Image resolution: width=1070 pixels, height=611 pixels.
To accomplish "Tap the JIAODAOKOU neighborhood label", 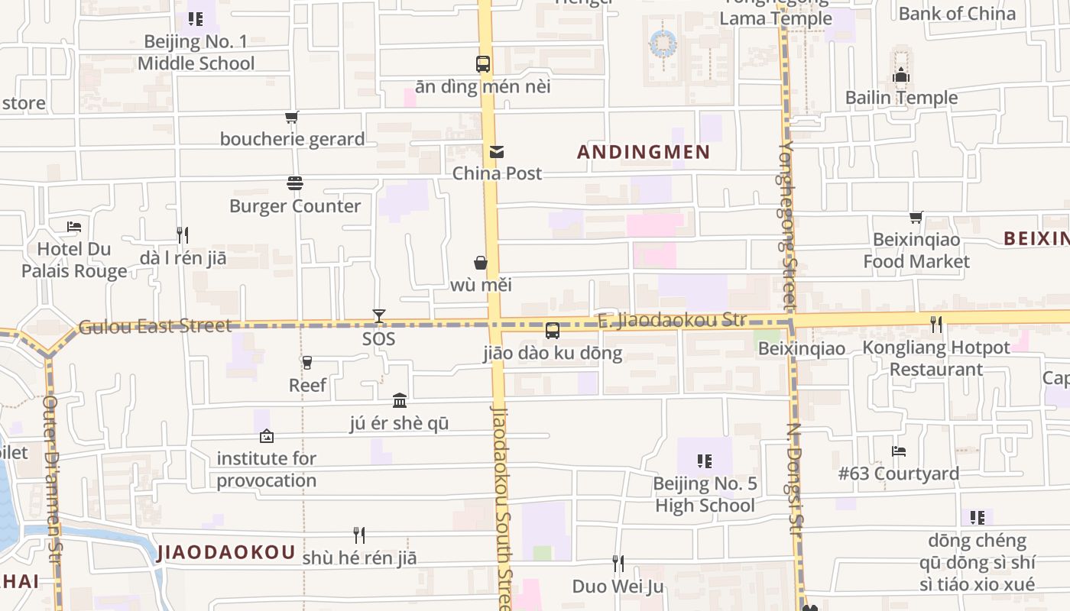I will click(x=226, y=553).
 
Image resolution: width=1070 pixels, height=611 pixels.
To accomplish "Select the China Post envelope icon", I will click(x=497, y=152).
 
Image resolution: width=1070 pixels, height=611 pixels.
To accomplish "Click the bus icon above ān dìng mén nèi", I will click(x=483, y=64).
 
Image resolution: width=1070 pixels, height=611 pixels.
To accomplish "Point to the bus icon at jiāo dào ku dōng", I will click(x=552, y=331).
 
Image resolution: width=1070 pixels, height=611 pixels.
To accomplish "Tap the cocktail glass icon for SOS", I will click(x=378, y=316).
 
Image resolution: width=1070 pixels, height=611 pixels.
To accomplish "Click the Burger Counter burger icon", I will click(x=295, y=183).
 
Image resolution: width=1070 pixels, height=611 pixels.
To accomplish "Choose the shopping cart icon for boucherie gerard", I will click(x=291, y=117).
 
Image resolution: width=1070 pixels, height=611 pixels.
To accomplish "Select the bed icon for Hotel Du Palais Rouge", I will click(x=74, y=227).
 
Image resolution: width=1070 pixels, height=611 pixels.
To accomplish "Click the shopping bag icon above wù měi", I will click(x=481, y=263).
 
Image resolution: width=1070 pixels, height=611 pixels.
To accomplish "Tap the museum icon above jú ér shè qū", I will click(x=399, y=400).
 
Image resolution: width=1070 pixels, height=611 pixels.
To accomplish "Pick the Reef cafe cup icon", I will click(x=307, y=363).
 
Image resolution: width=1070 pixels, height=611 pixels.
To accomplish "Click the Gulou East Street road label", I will click(x=154, y=326).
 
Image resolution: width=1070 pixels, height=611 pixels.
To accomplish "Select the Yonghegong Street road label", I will click(x=788, y=225).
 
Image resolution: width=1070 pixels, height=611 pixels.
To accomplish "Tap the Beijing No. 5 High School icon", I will click(x=705, y=461).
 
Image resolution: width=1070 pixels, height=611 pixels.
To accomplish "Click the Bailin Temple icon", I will click(x=901, y=76).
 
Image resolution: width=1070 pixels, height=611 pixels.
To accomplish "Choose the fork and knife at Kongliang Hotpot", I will click(x=936, y=325).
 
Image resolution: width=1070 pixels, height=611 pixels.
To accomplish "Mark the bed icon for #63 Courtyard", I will click(x=899, y=451).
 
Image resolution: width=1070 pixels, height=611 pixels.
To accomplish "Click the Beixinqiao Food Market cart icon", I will click(x=916, y=218).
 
